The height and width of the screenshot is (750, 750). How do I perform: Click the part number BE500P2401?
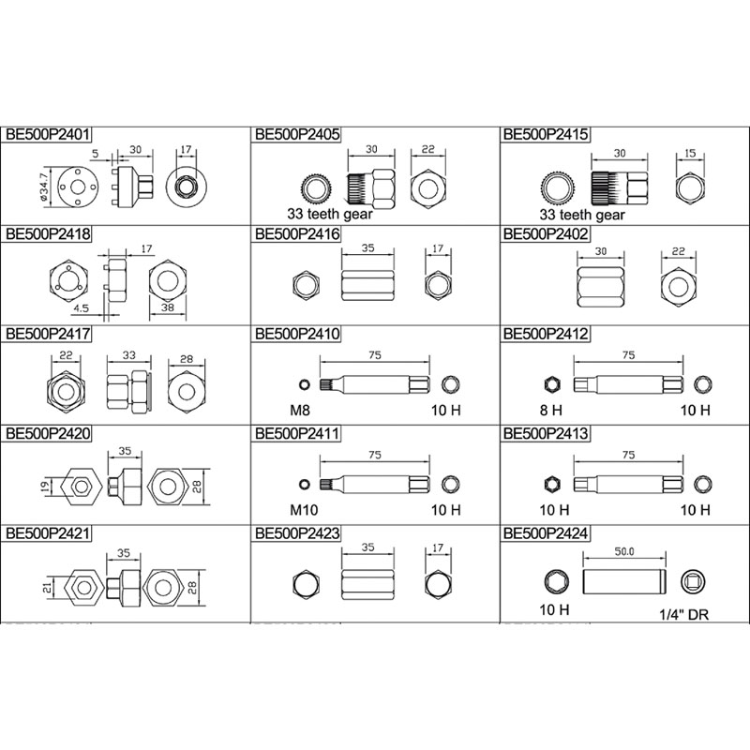click(48, 134)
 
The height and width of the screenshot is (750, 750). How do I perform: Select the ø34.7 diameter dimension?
click(44, 186)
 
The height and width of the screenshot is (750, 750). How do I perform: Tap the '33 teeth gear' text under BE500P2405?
click(330, 214)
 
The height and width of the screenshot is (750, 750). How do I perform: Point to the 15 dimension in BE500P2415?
click(690, 154)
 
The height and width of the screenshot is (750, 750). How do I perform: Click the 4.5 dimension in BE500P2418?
click(81, 308)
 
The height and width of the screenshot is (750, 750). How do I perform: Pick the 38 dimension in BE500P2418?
click(168, 307)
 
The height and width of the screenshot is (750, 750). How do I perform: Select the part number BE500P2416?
click(297, 234)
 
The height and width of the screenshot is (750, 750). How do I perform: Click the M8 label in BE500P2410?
click(300, 410)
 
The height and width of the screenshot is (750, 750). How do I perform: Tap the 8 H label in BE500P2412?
click(551, 410)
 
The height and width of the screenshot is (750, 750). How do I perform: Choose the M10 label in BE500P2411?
click(304, 510)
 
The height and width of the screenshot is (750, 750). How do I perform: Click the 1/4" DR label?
click(684, 615)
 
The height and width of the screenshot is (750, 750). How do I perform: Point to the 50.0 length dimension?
click(624, 551)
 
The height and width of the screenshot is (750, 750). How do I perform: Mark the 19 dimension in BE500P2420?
click(44, 487)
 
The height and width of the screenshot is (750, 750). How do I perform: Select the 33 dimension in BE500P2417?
click(129, 355)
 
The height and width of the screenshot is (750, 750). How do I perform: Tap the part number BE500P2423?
click(297, 533)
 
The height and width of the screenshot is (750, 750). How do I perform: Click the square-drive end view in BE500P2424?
click(693, 582)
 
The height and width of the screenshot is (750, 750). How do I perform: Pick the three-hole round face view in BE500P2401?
click(78, 187)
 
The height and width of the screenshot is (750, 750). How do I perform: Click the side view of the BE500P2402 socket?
click(601, 287)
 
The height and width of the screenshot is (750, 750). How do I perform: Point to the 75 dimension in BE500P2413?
click(628, 455)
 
